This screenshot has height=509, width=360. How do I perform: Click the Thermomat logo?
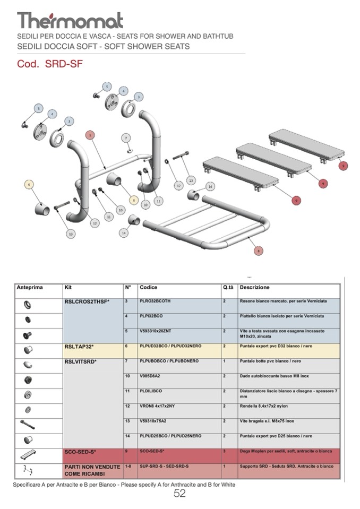pyautogui.click(x=70, y=20)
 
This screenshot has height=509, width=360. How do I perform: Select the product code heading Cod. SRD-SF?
pyautogui.click(x=50, y=64)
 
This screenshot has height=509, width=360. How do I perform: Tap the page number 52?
pyautogui.click(x=179, y=493)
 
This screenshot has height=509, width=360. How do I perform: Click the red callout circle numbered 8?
pyautogui.click(x=259, y=251)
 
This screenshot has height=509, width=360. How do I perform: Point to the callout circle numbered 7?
pyautogui.click(x=126, y=138)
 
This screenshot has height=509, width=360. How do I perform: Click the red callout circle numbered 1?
pyautogui.click(x=90, y=135)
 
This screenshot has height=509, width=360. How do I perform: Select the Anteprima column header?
pyautogui.click(x=30, y=288)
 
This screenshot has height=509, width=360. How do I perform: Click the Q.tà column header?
pyautogui.click(x=228, y=288)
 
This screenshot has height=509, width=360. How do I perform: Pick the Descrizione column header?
pyautogui.click(x=254, y=288)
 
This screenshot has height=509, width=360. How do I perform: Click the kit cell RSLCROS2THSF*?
pyautogui.click(x=87, y=301)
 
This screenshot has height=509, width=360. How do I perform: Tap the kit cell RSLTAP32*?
pyautogui.click(x=79, y=346)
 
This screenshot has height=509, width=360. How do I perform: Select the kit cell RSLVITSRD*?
pyautogui.click(x=80, y=361)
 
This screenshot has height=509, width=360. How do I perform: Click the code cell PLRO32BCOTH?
pyautogui.click(x=155, y=301)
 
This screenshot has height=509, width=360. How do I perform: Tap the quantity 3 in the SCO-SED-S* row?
pyautogui.click(x=225, y=451)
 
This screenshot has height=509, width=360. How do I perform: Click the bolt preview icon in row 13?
pyautogui.click(x=28, y=425)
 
